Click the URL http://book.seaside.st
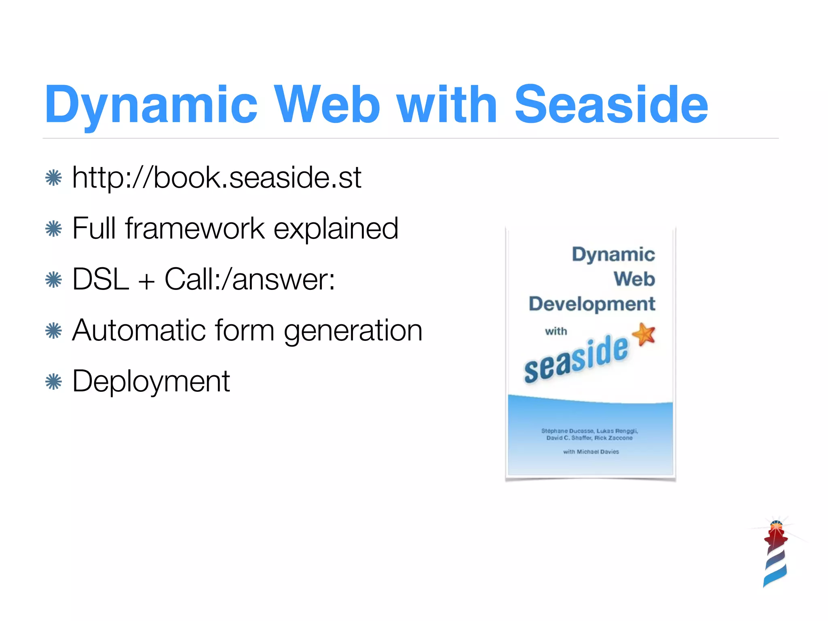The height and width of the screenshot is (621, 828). tap(216, 177)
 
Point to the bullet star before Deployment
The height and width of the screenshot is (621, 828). tap(54, 382)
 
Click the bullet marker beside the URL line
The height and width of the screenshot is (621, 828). tap(54, 178)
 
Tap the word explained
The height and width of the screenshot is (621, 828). tap(336, 228)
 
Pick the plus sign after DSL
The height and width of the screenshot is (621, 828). tap(146, 281)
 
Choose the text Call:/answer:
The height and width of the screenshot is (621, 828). tap(249, 279)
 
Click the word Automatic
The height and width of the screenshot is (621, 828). tap(139, 330)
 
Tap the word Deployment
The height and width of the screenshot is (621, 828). tap(151, 382)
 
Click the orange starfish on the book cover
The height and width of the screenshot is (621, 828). tap(644, 334)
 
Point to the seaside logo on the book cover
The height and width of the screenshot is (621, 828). tap(576, 359)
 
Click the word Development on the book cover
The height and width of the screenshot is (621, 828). tap(591, 304)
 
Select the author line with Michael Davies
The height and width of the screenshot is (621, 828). tap(591, 452)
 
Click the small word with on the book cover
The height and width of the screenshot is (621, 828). tap(556, 332)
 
